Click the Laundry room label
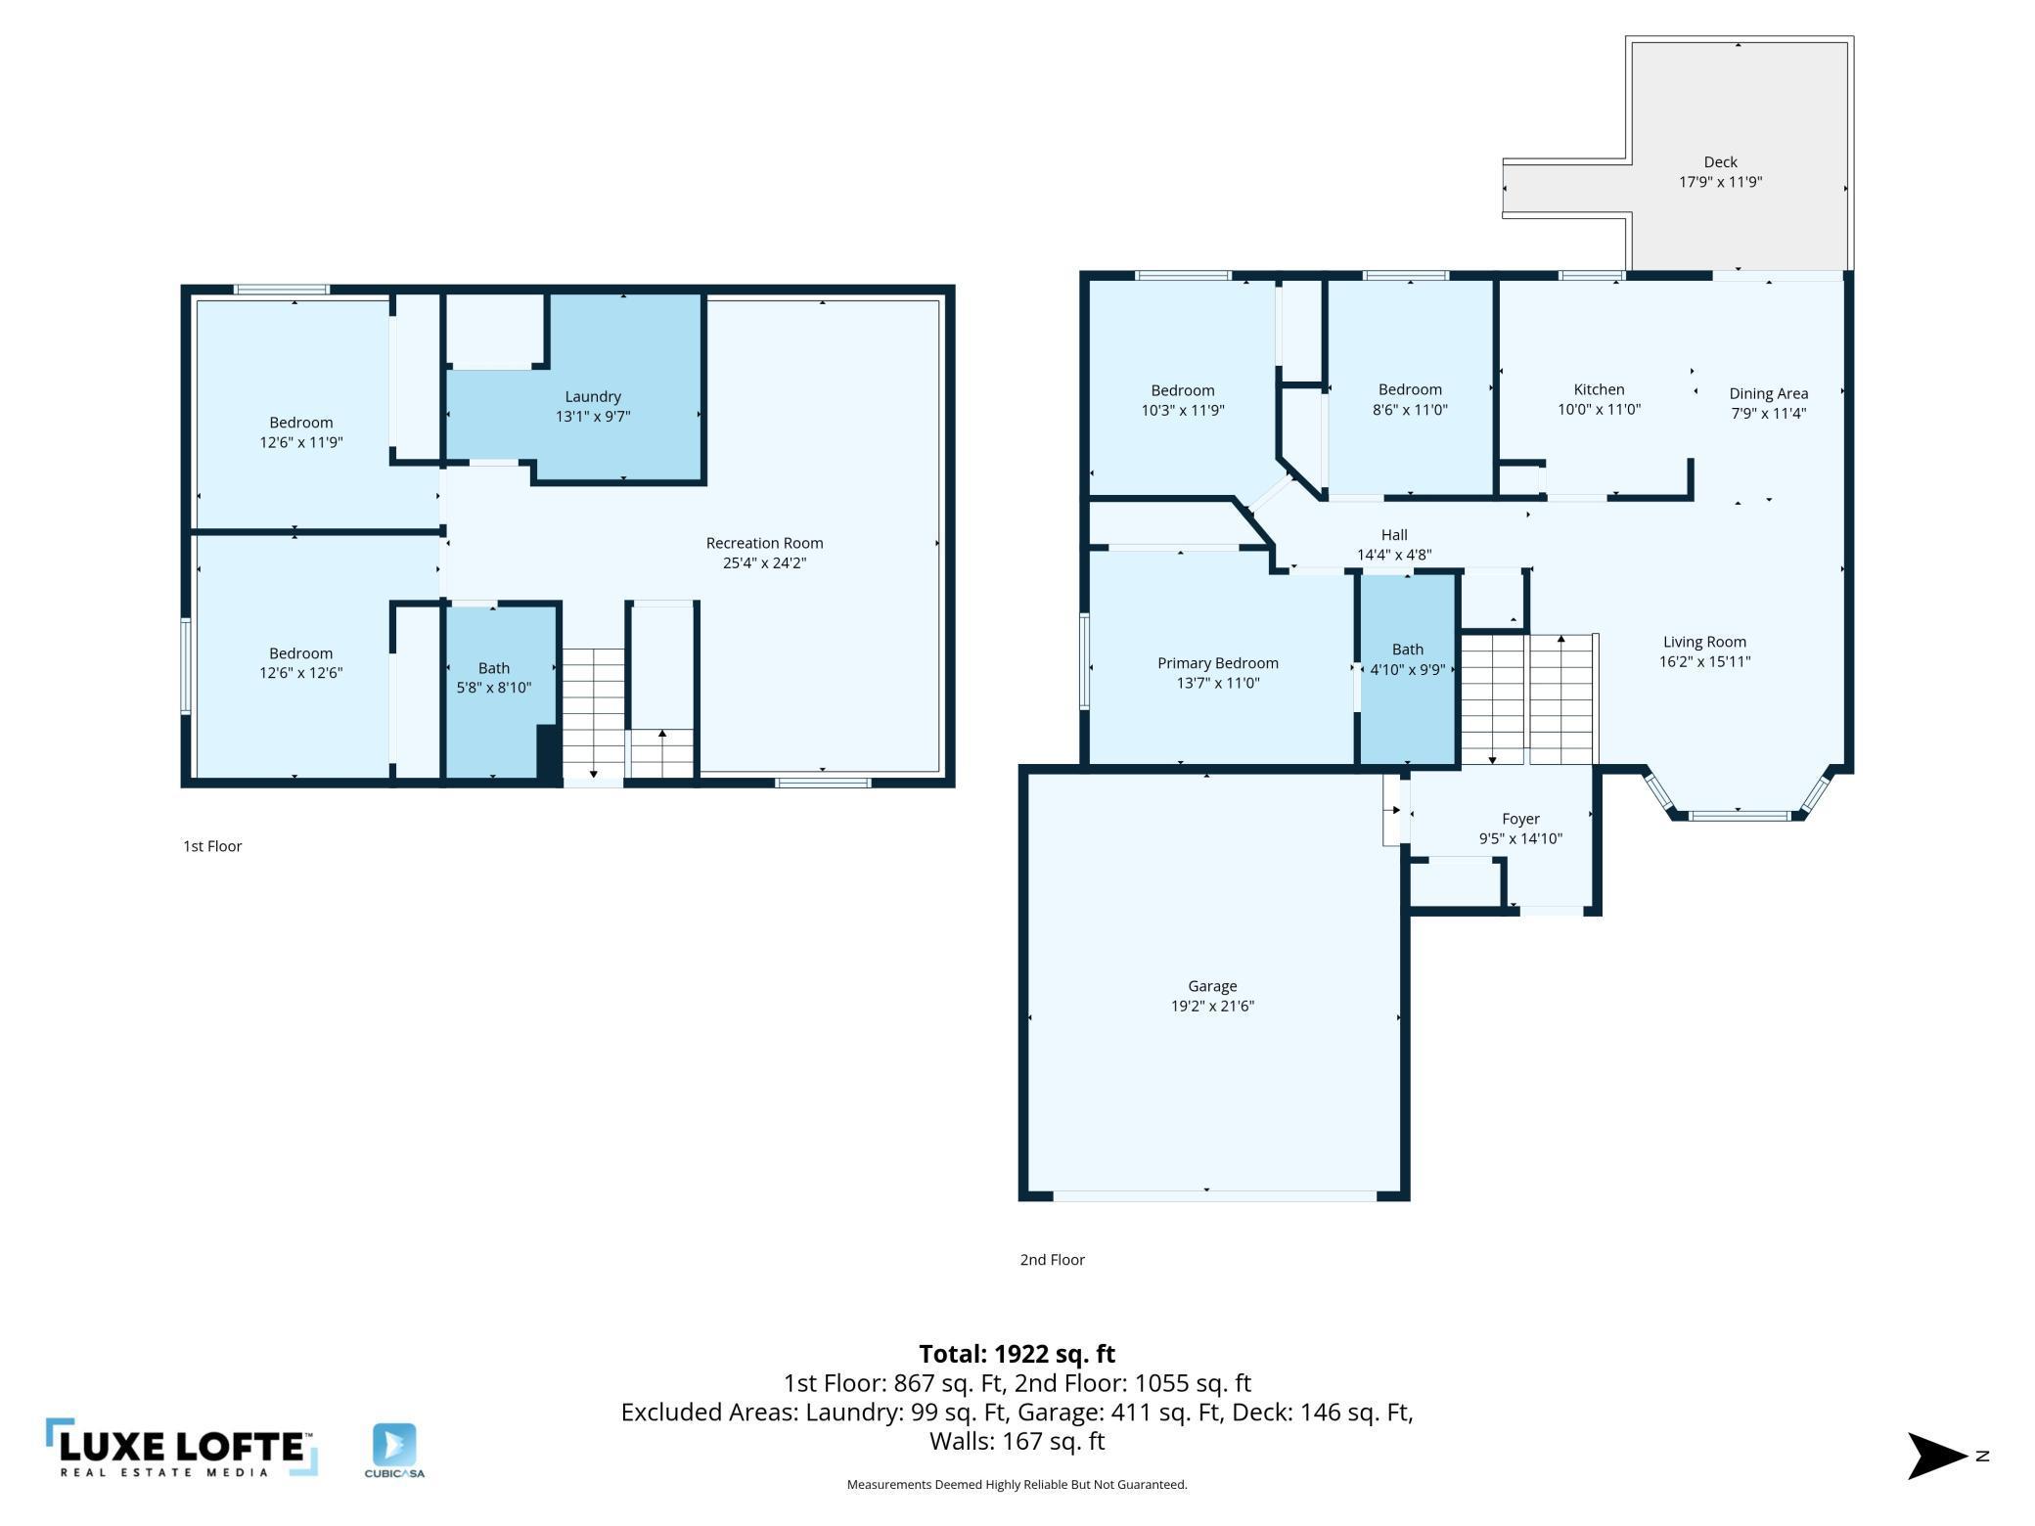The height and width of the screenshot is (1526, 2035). [x=593, y=396]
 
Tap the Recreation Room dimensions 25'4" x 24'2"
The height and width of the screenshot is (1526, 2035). [x=764, y=562]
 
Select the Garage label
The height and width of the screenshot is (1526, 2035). [x=1212, y=986]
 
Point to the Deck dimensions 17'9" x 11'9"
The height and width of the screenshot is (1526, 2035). [x=1720, y=182]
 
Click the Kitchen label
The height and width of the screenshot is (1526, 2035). [x=1599, y=389]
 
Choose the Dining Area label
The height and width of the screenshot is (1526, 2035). [x=1768, y=393]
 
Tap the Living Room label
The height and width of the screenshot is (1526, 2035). [x=1704, y=642]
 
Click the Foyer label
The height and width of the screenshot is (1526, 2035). [x=1520, y=819]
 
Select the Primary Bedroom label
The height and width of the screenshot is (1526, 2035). [x=1217, y=663]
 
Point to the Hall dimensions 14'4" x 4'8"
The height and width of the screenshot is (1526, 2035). [x=1394, y=555]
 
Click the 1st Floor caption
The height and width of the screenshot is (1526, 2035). [x=212, y=846]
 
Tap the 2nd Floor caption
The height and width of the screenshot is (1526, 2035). [x=1053, y=1260]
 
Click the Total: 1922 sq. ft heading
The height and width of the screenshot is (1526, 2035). [x=1017, y=1354]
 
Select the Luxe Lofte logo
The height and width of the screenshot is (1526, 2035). [x=182, y=1448]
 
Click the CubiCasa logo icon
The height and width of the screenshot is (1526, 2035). [x=394, y=1445]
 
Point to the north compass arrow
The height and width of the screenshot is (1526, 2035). [x=1938, y=1456]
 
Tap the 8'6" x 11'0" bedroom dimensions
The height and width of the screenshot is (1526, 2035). [x=1410, y=410]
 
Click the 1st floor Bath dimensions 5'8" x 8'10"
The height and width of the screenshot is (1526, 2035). [x=494, y=688]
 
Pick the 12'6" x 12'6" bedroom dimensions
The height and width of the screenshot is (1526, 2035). [x=301, y=673]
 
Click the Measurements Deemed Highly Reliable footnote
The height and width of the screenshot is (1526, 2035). [x=1017, y=1485]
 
